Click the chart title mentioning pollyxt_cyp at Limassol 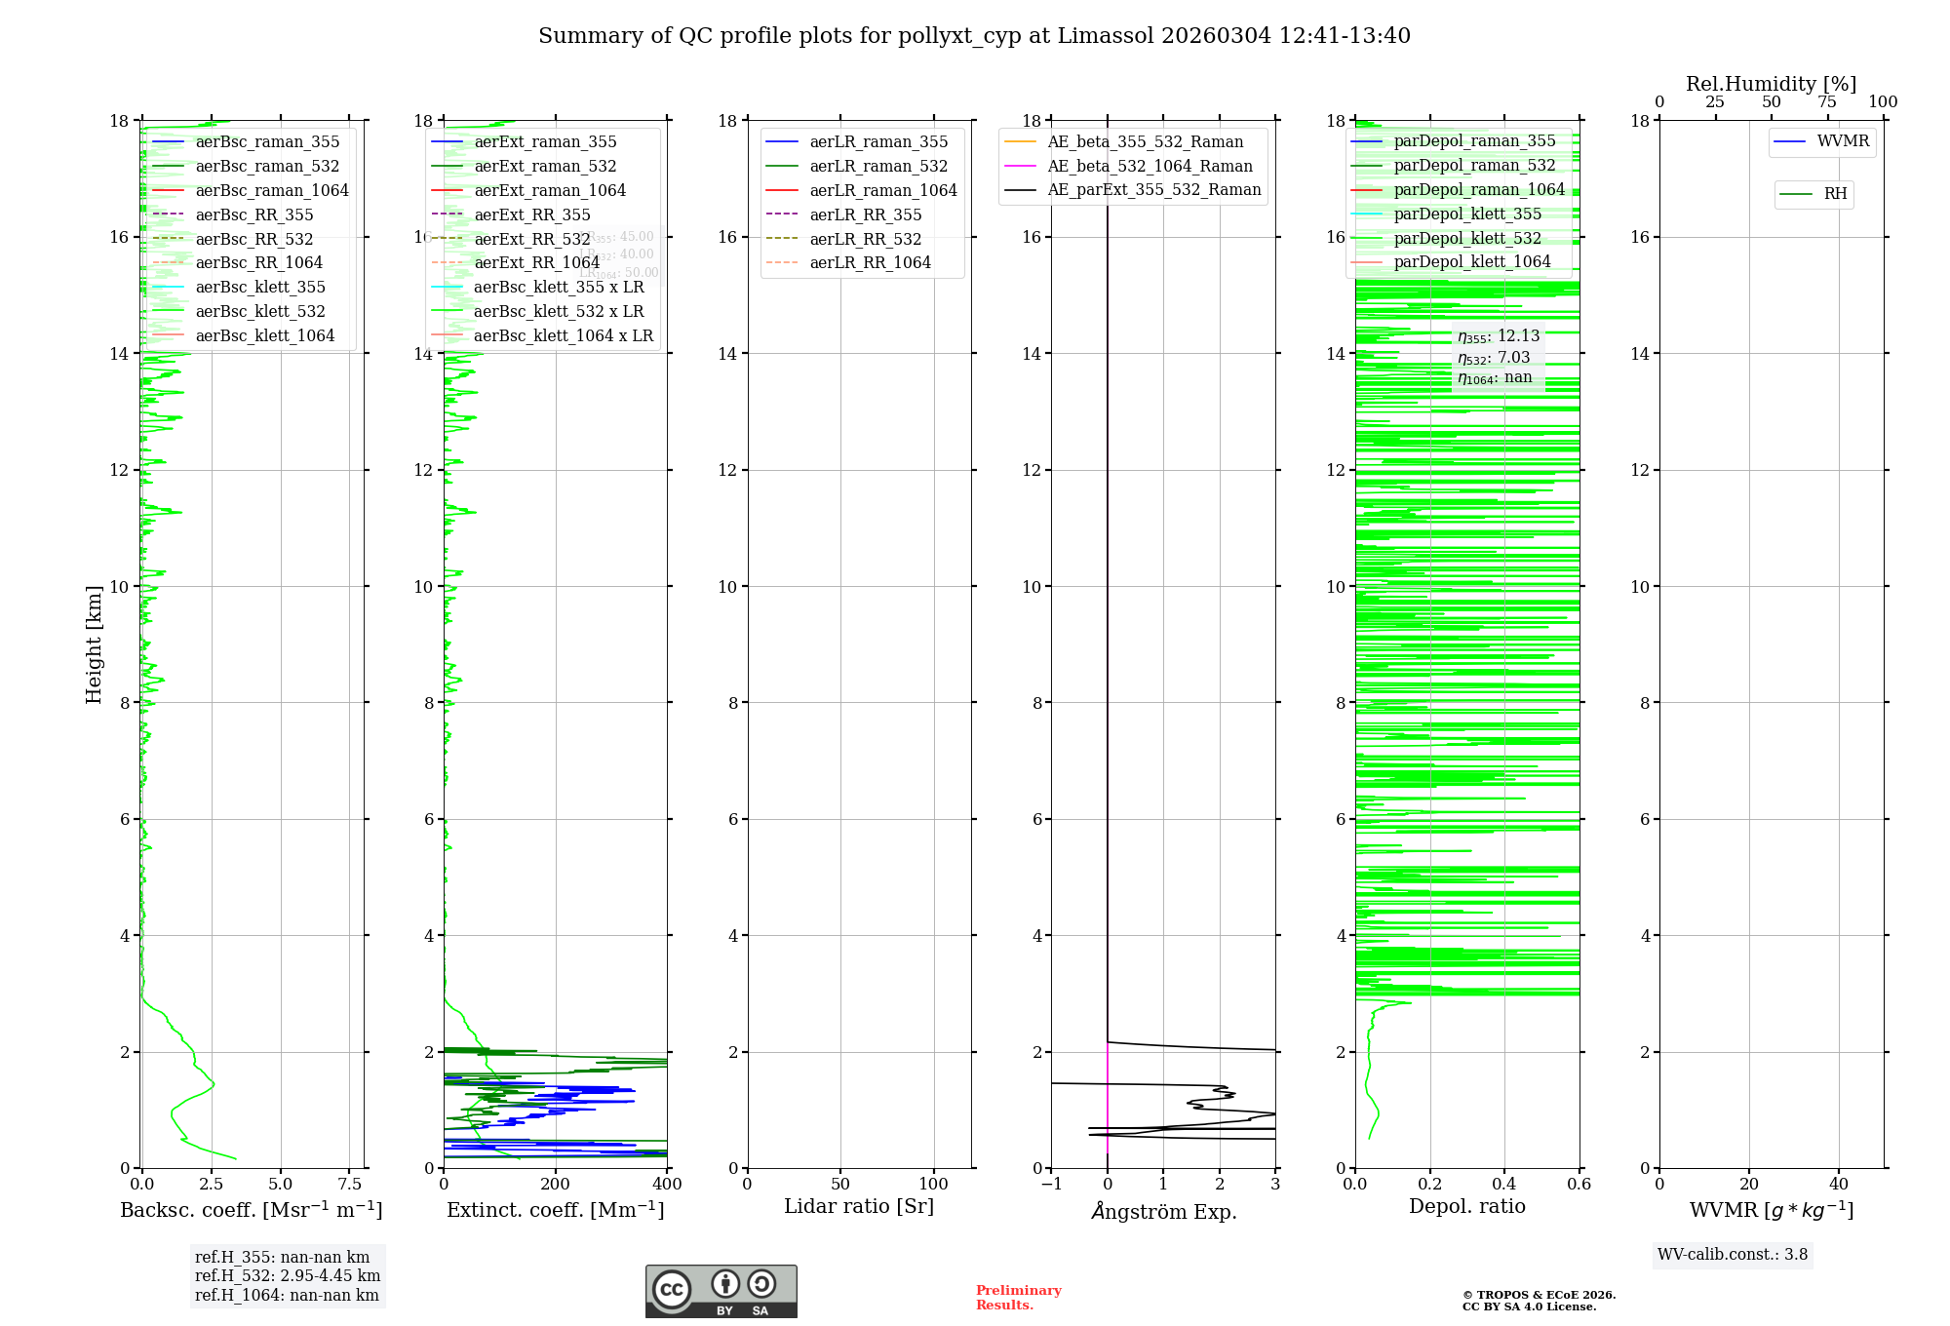point(974,36)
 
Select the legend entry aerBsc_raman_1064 point(272,190)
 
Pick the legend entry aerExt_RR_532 point(531,239)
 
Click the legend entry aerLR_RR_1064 point(870,262)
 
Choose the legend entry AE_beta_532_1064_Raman point(1150,166)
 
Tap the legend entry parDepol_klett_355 point(1467,214)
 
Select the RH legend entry point(1835,194)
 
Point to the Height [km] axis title point(94,643)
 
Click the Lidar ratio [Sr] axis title point(859,1206)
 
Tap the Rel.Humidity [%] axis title point(1771,84)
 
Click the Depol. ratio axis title point(1466,1206)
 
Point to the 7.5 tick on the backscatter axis point(350,1185)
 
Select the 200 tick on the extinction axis point(556,1185)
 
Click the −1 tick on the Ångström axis point(1051,1185)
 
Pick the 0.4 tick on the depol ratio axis point(1504,1185)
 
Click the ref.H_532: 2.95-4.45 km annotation point(288,1275)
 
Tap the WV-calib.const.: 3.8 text point(1733,1255)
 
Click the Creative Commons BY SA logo point(721,1292)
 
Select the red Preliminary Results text point(1018,1298)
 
